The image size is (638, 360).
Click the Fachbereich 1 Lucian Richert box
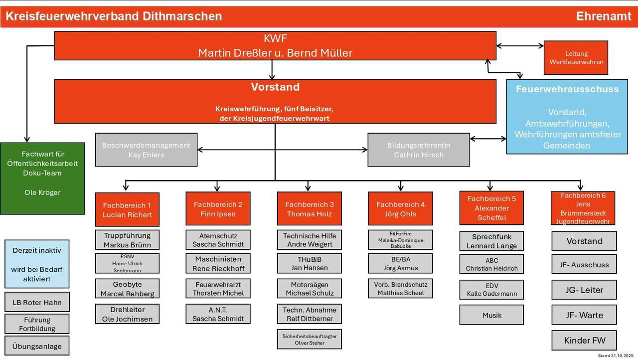click(127, 209)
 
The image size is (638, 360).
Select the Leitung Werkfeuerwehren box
click(576, 58)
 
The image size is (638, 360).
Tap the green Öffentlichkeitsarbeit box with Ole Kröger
click(42, 178)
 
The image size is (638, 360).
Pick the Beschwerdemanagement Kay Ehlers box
click(146, 150)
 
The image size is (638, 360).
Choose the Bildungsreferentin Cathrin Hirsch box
click(418, 150)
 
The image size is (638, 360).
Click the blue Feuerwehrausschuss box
click(567, 117)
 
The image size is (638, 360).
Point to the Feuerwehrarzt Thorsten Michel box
click(218, 289)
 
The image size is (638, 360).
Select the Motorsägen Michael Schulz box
click(309, 289)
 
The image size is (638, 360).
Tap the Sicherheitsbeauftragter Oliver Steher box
click(309, 339)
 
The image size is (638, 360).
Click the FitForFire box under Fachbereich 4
click(400, 240)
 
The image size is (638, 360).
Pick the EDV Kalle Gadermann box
click(491, 290)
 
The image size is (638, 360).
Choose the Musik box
click(491, 315)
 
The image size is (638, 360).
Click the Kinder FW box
click(584, 341)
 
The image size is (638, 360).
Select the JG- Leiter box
click(584, 290)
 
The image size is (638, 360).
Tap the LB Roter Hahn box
click(37, 302)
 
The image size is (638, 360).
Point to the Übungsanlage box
click(37, 346)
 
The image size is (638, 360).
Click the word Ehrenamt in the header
click(603, 16)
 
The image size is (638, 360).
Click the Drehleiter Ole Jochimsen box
click(127, 314)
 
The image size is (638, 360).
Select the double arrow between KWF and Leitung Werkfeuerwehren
click(520, 46)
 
